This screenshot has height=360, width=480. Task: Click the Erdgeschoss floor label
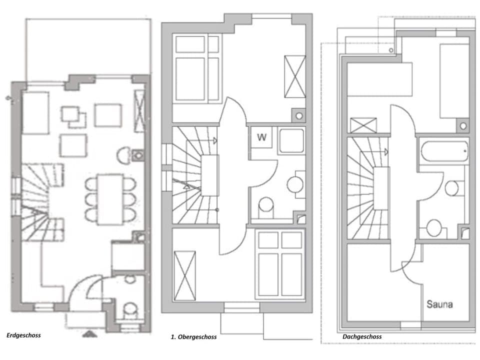[x=24, y=335]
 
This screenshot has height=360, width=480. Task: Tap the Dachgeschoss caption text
[x=362, y=337]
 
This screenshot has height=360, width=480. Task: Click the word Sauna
[x=439, y=303]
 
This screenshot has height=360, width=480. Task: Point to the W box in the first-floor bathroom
[x=261, y=138]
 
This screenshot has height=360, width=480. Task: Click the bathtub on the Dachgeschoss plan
[x=444, y=150]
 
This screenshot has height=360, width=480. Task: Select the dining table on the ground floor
[x=110, y=198]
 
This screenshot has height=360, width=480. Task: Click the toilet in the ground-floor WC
[x=130, y=309]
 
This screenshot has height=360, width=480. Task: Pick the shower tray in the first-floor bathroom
[x=291, y=140]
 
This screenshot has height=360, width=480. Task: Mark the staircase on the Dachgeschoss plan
[x=368, y=187]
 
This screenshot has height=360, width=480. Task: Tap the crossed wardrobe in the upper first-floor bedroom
[x=294, y=76]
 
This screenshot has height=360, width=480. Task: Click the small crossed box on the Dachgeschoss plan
[x=363, y=125]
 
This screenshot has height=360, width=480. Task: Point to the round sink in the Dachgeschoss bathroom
[x=451, y=188]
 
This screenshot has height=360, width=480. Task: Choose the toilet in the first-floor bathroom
[x=266, y=205]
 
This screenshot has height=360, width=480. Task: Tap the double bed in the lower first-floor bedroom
[x=280, y=264]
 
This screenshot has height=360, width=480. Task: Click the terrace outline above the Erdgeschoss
[x=87, y=47]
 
